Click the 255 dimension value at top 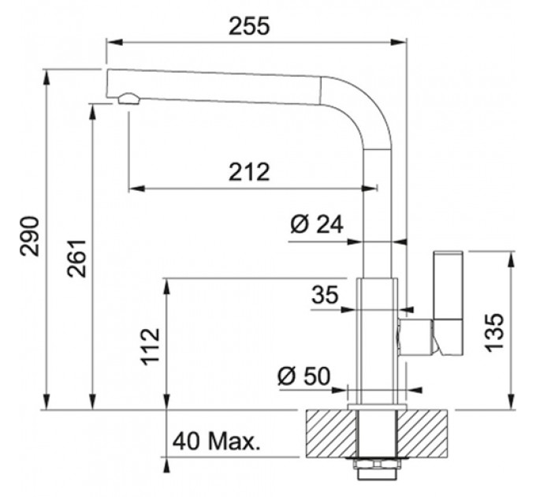click(249, 26)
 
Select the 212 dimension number click(249, 172)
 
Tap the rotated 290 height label click(29, 236)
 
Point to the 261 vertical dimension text click(76, 259)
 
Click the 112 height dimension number click(151, 347)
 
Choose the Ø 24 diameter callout click(317, 225)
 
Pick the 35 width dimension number click(325, 295)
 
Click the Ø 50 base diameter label click(304, 376)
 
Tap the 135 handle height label click(494, 332)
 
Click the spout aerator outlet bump click(128, 99)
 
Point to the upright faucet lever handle click(449, 303)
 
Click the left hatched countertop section click(331, 433)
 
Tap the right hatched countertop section click(422, 433)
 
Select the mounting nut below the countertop click(376, 464)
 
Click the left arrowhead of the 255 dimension click(114, 42)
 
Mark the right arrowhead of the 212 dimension click(370, 188)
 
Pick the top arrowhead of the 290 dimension click(47, 77)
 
